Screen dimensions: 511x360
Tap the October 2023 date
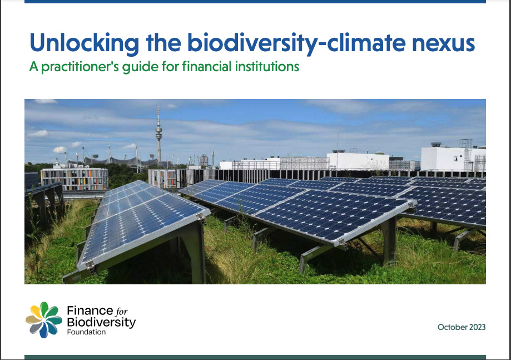(x=462, y=327)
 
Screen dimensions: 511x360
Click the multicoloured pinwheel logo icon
(x=44, y=319)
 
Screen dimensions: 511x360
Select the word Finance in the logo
(x=90, y=310)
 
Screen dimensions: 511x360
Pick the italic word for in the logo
(x=122, y=311)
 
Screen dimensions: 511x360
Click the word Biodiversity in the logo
(x=101, y=323)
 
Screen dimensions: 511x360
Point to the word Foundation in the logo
(x=86, y=332)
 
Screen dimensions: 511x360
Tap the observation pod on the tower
(x=158, y=130)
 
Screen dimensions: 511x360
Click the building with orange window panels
(x=75, y=179)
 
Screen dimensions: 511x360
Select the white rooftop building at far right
(x=453, y=159)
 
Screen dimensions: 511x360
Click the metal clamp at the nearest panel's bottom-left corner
(x=91, y=268)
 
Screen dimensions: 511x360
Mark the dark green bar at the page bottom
(x=255, y=357)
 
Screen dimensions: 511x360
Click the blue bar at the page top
(x=255, y=2)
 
